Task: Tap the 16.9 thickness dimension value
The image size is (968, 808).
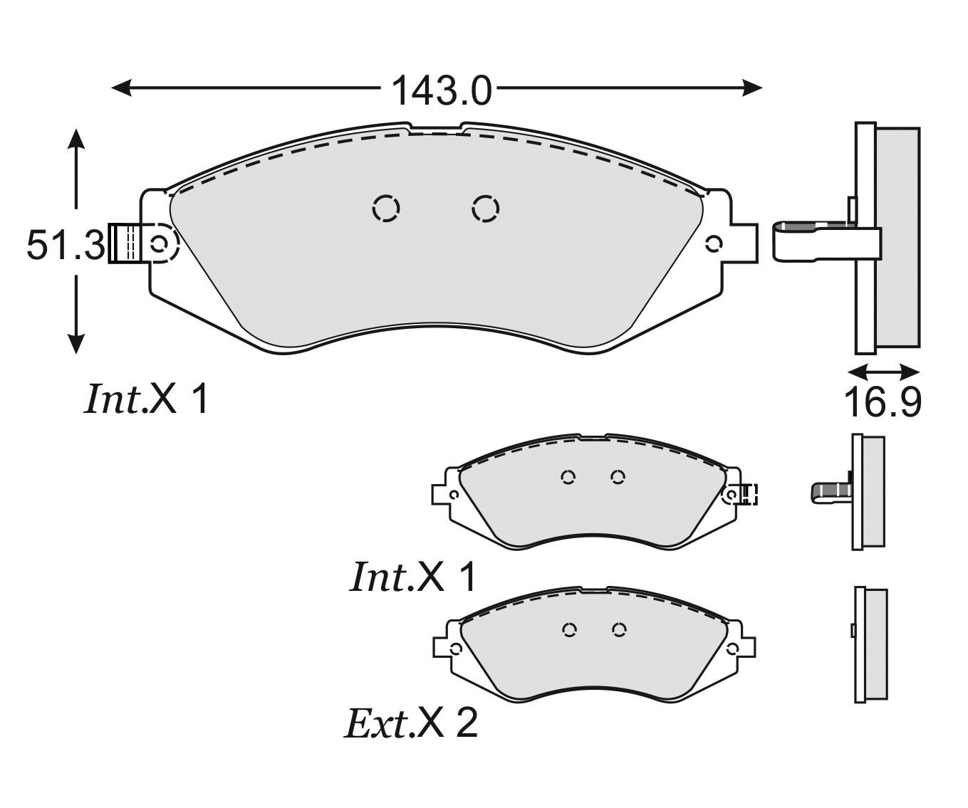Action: click(x=883, y=403)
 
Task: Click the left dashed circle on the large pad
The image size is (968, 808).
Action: click(x=386, y=209)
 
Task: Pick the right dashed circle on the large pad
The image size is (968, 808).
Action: click(x=486, y=209)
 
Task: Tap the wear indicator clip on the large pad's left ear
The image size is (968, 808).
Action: click(x=123, y=244)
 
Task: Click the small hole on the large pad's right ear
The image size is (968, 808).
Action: click(x=713, y=244)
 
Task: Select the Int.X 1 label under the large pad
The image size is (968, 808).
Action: click(x=147, y=399)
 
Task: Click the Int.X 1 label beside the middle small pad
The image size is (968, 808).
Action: click(x=412, y=577)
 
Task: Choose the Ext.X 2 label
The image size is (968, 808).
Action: click(x=411, y=724)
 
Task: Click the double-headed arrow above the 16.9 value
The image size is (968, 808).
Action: click(x=883, y=371)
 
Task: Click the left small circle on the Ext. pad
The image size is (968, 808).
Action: click(x=568, y=629)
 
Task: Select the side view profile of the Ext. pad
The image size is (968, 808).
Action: click(x=870, y=645)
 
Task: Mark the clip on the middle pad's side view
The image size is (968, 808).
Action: click(x=829, y=491)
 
